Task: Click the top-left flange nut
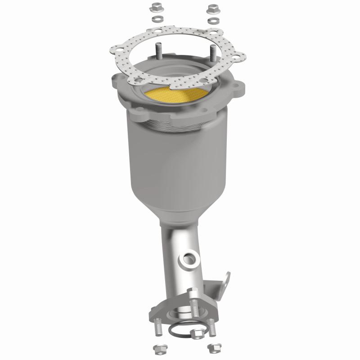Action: pos(157,8)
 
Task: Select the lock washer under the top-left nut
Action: pos(157,20)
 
